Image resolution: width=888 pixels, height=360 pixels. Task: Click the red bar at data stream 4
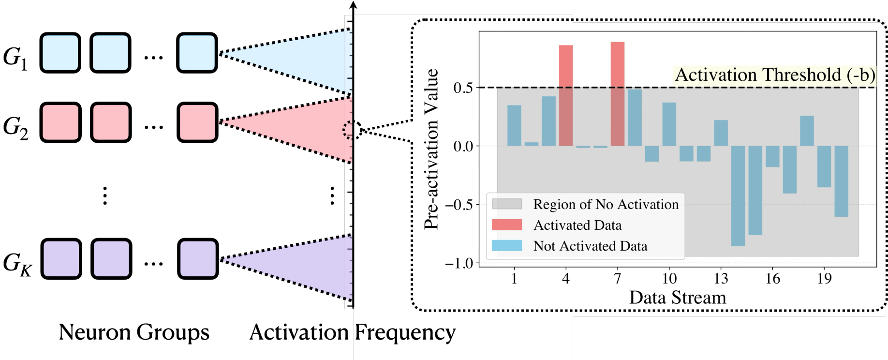click(x=566, y=95)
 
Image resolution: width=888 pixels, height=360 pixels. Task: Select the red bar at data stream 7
click(x=618, y=94)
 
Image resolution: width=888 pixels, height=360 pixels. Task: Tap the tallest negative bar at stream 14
click(x=738, y=196)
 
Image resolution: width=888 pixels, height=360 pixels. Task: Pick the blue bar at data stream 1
click(x=514, y=125)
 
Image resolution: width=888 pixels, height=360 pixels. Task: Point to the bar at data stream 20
click(x=842, y=181)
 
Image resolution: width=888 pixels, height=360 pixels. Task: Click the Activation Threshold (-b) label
click(x=775, y=75)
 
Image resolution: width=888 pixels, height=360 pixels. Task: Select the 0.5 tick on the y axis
click(x=463, y=88)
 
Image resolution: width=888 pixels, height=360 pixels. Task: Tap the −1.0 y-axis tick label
click(x=459, y=264)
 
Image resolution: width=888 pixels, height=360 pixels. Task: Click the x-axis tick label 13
click(x=721, y=279)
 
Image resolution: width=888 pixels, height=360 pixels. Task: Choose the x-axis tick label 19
click(x=824, y=279)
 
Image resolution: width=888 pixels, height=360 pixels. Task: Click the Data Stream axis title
click(x=678, y=298)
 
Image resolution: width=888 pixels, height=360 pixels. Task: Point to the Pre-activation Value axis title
click(x=431, y=149)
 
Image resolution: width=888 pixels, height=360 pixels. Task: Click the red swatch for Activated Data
click(x=507, y=225)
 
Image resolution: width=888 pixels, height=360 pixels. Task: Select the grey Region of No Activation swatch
click(x=507, y=204)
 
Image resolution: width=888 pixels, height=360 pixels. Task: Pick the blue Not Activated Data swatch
click(x=507, y=246)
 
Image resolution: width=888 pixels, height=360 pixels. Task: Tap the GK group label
click(x=17, y=264)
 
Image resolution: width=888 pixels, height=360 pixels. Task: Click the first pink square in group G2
click(x=60, y=122)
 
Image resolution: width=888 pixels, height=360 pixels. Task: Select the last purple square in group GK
click(x=197, y=259)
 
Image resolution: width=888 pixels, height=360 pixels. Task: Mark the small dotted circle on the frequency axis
click(x=352, y=130)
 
